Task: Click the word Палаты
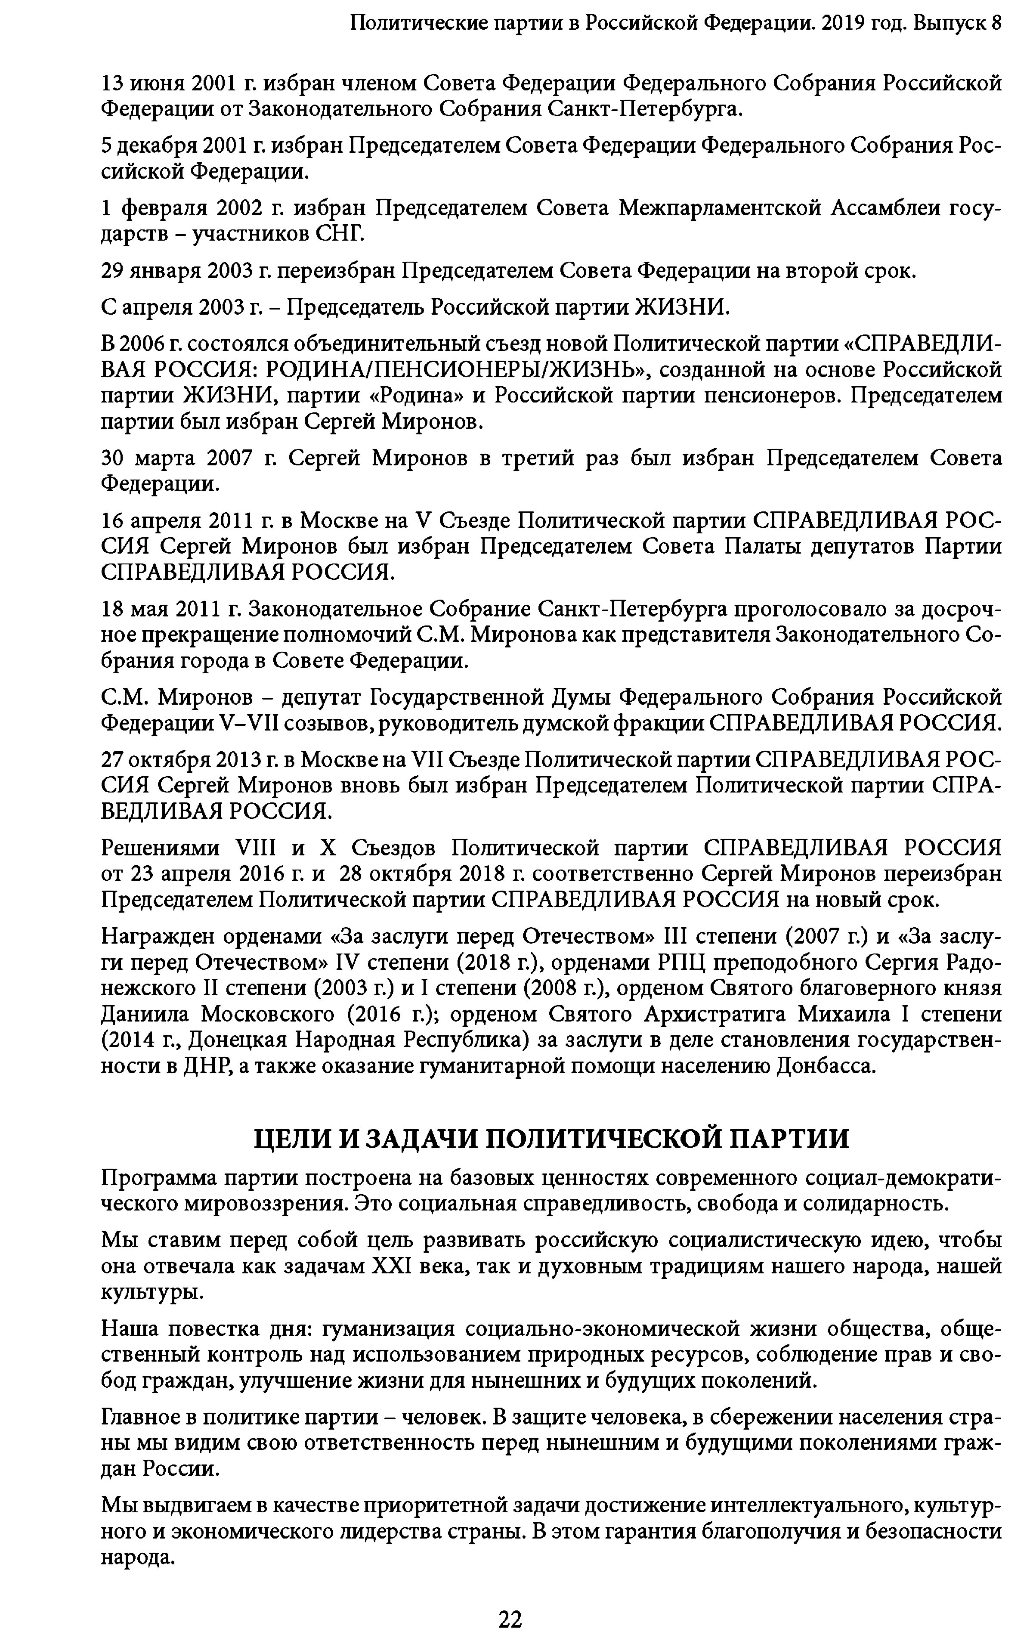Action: (x=763, y=547)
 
